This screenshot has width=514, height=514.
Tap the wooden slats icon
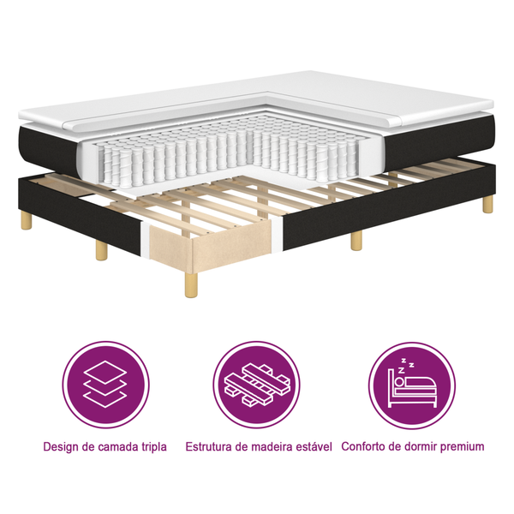[x=257, y=385]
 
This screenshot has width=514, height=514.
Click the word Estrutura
[x=212, y=447]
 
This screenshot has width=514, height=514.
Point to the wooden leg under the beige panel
[x=190, y=280]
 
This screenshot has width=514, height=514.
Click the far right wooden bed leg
[x=487, y=204]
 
